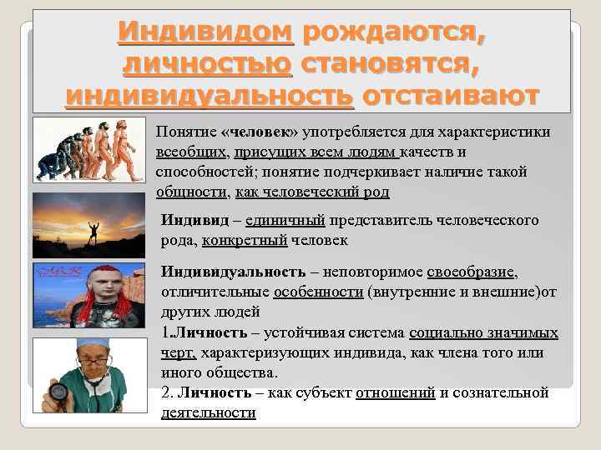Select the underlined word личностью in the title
[207, 63]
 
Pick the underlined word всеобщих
[191, 152]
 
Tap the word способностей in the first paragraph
[198, 171]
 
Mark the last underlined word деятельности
[208, 412]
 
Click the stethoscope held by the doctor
[58, 390]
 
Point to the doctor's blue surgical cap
[91, 343]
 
